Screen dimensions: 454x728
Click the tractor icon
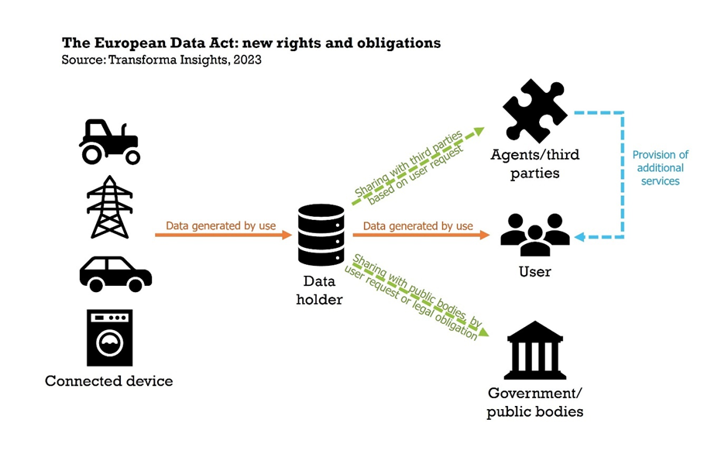pos(110,142)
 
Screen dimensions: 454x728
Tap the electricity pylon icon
pos(109,207)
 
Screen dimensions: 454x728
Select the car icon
pos(115,273)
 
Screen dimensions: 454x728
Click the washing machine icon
pos(109,338)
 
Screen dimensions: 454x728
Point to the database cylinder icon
pos(321,235)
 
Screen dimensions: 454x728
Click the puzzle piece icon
pos(534,111)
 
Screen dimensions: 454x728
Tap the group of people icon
pos(534,233)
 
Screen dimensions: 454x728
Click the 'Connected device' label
pos(108,381)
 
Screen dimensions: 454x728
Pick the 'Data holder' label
pos(319,290)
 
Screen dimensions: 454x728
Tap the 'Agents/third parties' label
pos(534,163)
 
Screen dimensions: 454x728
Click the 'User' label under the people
pos(534,272)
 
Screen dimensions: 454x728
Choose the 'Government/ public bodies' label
pos(534,402)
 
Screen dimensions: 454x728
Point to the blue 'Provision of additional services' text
pos(660,167)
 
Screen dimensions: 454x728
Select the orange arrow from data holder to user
pos(422,235)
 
